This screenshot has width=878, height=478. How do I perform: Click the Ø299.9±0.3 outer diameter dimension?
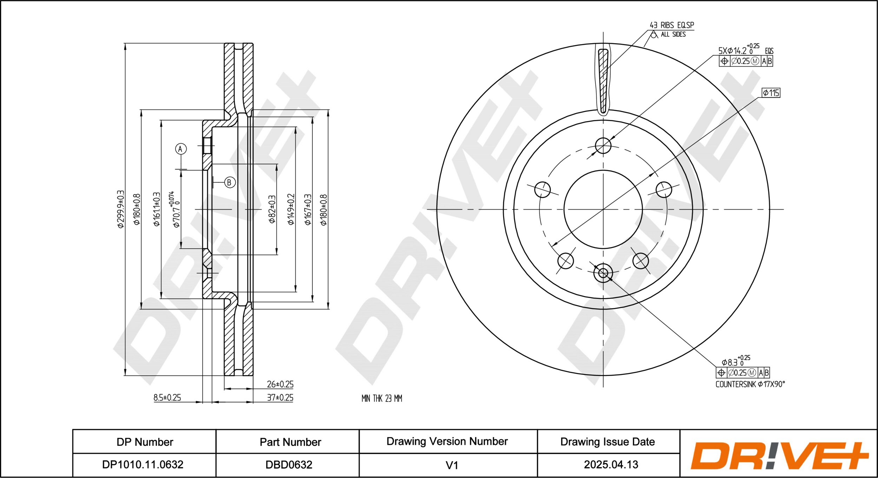(120, 209)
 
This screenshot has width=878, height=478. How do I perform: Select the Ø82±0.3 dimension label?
(272, 209)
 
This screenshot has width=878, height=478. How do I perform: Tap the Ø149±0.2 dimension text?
(291, 209)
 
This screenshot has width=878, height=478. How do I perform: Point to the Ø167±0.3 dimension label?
(308, 209)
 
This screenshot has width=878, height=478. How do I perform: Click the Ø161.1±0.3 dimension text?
(157, 209)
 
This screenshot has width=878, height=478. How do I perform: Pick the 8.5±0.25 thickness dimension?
(167, 397)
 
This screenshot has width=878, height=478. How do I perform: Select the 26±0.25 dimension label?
(280, 384)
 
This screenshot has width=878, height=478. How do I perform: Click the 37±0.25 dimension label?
(280, 397)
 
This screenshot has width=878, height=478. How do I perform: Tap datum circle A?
(181, 149)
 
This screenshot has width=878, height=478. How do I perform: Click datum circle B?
(230, 182)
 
